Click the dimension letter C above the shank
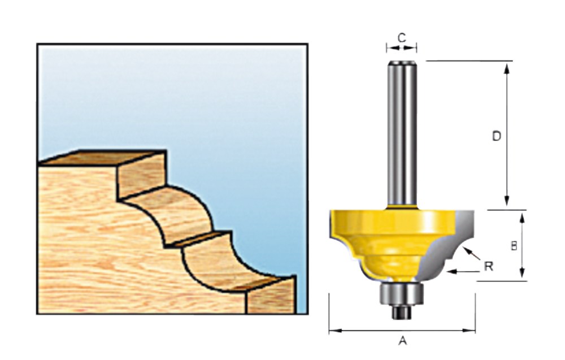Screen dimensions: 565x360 click(x=401, y=37)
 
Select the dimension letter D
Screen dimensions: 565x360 click(x=497, y=136)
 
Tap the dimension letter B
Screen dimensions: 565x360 click(x=514, y=246)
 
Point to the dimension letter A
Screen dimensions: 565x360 click(x=402, y=340)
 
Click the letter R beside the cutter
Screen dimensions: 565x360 click(x=489, y=267)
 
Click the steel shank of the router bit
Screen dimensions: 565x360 click(x=401, y=134)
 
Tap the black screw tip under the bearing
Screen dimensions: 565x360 click(x=401, y=312)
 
